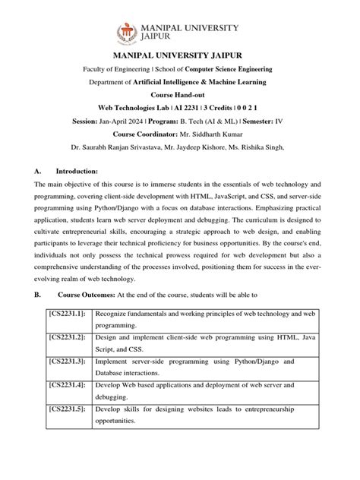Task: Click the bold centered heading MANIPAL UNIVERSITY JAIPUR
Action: tap(179, 56)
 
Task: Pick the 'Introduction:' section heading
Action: tap(73, 172)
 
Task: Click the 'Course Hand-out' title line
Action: tap(179, 95)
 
